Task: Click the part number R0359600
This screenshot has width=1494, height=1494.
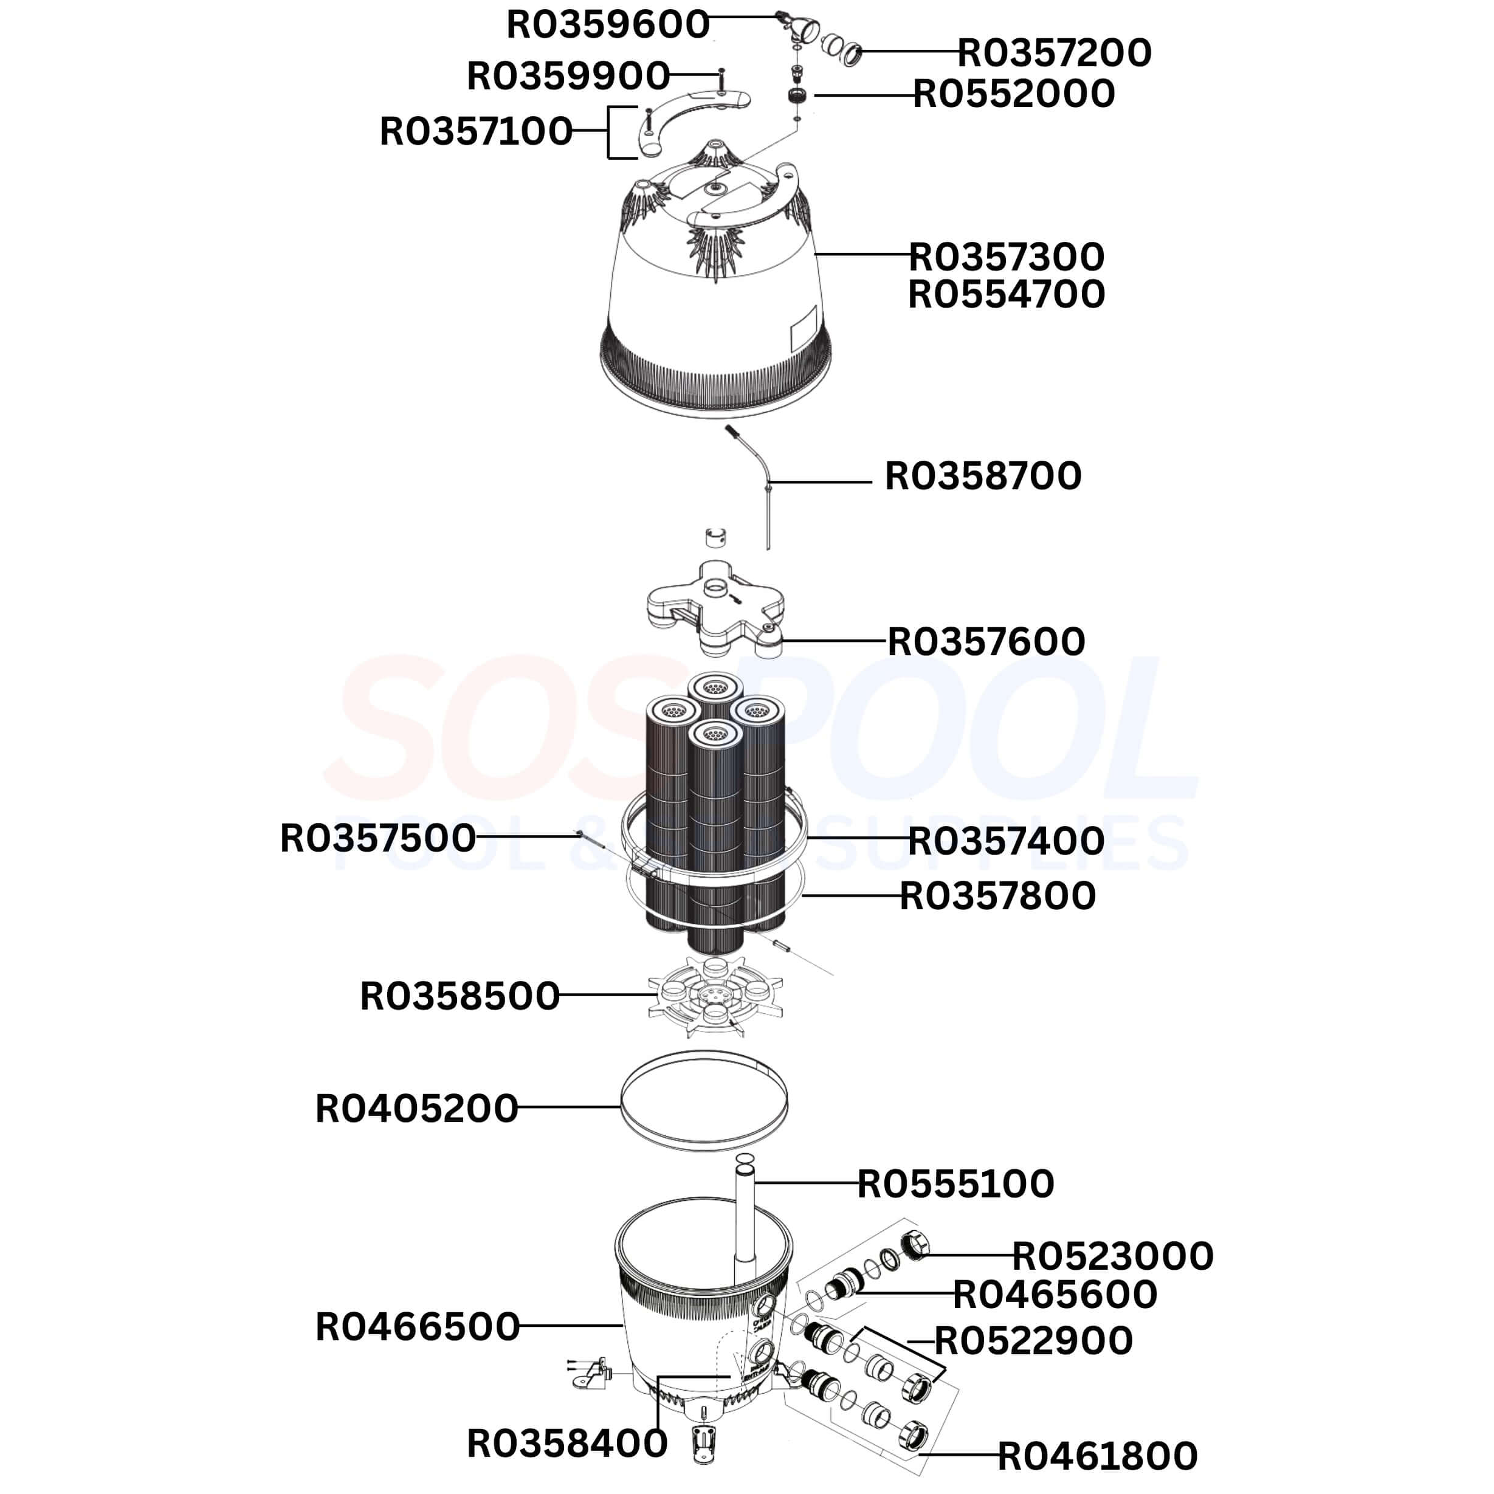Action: coord(608,25)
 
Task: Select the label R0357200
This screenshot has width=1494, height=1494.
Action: coord(1055,53)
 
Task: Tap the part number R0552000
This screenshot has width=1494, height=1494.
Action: coord(1014,94)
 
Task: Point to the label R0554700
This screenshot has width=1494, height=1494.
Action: coord(1006,295)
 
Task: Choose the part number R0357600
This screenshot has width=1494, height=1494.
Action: coord(986,642)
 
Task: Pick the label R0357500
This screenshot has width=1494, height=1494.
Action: coord(377,839)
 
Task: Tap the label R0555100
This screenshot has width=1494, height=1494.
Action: coord(956,1184)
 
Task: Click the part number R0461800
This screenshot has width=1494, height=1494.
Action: coord(1097,1456)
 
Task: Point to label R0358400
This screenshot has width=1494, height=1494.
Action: coord(567,1444)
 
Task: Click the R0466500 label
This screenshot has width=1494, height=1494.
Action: coord(418,1327)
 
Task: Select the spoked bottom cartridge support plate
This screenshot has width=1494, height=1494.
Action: coord(715,996)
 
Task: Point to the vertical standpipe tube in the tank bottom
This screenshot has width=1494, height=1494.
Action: coord(745,1230)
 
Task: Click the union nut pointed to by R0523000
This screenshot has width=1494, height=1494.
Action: coord(914,1245)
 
